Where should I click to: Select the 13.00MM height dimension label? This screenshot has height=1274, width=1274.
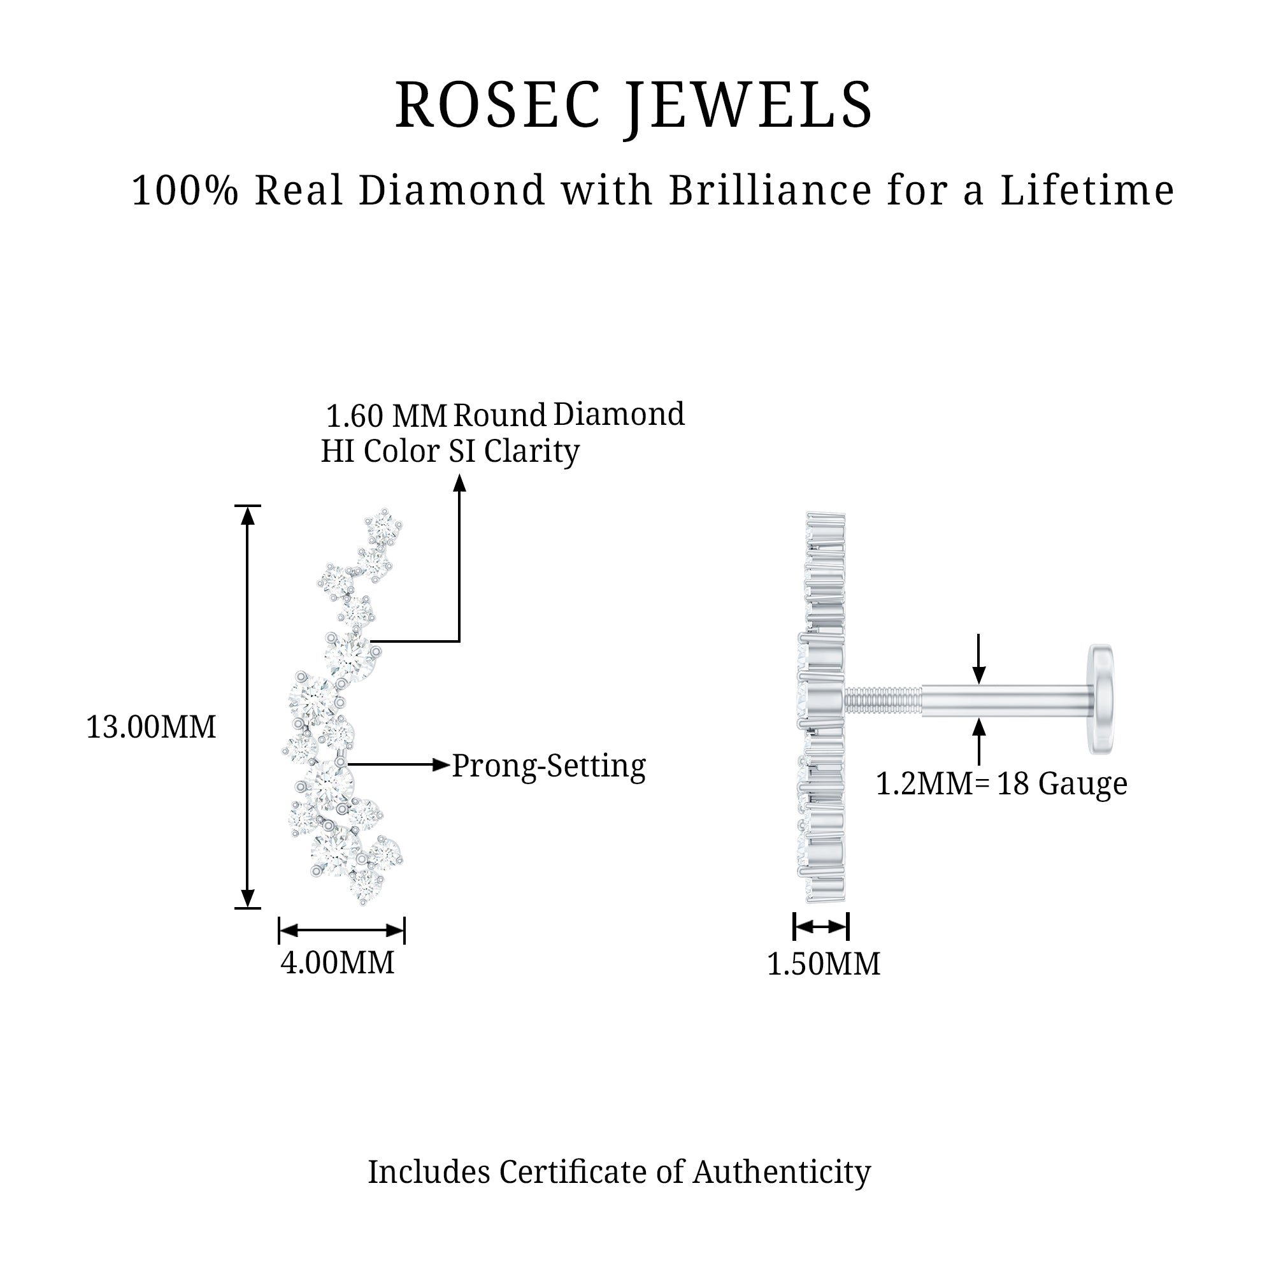[151, 728]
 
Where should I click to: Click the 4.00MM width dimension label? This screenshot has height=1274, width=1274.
[337, 963]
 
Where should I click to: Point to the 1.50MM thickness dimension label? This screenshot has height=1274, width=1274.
[823, 964]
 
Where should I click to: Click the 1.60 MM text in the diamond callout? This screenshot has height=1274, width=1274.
[387, 416]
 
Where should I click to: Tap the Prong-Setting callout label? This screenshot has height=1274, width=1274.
[548, 766]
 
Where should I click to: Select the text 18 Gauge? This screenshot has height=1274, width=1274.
[1062, 784]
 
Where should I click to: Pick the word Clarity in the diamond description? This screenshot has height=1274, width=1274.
[531, 452]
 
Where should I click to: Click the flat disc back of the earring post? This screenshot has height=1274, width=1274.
[1101, 698]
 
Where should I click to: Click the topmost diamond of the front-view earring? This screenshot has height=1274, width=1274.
[383, 527]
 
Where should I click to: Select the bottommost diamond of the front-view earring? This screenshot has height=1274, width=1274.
[366, 885]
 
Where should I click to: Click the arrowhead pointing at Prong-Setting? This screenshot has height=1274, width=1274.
[441, 765]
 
